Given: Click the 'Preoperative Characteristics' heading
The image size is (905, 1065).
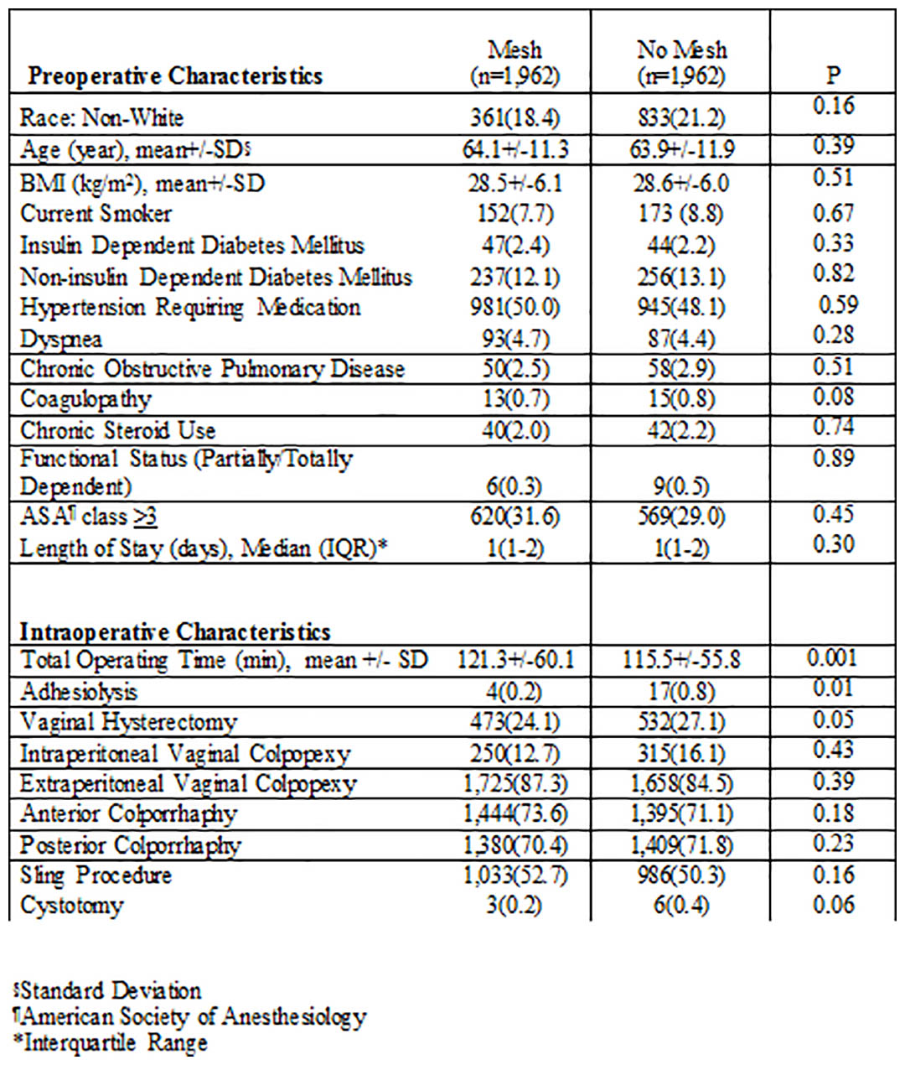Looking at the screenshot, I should (175, 76).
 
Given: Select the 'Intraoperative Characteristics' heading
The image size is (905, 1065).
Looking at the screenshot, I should (175, 631).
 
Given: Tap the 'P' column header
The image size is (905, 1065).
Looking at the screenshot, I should (833, 75).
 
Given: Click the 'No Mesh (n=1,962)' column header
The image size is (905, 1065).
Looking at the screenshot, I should (680, 64).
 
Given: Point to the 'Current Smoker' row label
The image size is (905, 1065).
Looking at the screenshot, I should (96, 214).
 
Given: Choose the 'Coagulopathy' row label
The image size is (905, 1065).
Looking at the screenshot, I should (85, 400).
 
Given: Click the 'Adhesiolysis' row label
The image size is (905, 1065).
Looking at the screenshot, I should (79, 692).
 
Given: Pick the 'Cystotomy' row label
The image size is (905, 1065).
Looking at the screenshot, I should (71, 906).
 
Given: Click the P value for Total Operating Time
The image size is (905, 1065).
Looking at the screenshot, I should (832, 657).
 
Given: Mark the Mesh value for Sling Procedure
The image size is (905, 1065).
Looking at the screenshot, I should (515, 875).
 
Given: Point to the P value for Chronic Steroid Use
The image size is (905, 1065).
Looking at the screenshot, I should (834, 428).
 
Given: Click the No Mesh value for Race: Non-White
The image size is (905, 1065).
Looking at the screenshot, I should (680, 118).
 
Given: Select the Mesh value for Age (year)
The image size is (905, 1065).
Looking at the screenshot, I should (515, 149).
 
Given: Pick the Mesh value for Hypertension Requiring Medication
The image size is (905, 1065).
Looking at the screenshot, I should (515, 307).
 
